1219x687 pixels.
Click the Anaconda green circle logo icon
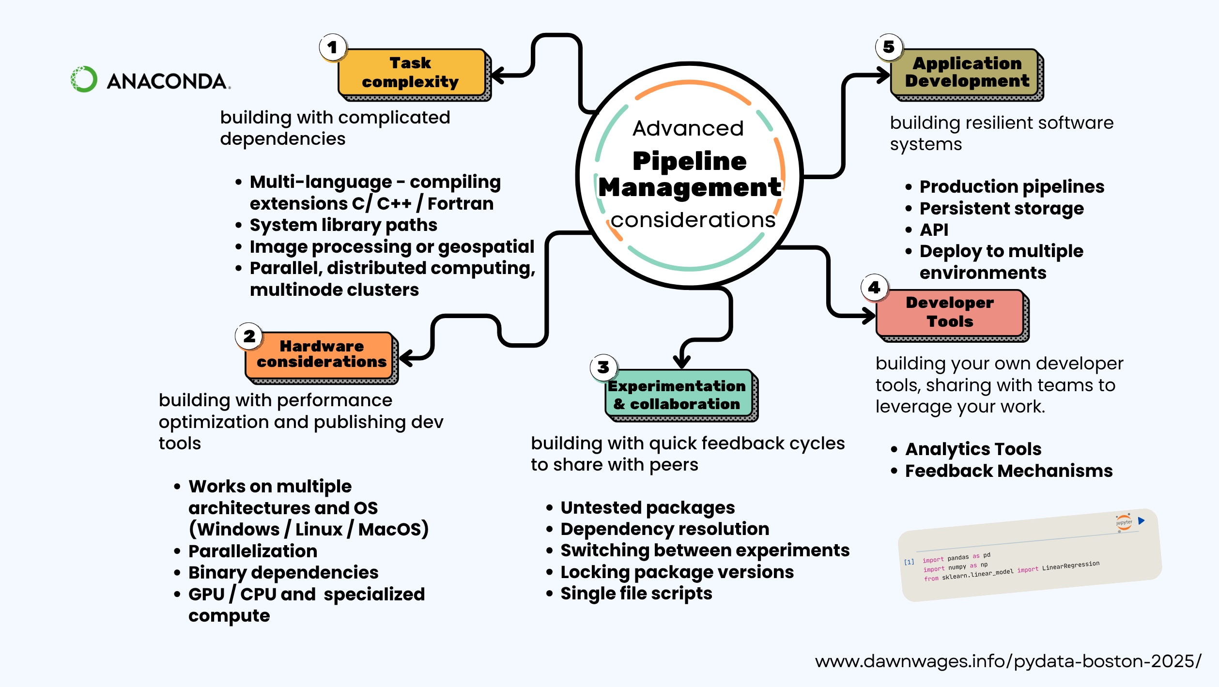tap(84, 79)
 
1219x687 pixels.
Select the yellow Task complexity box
tap(412, 73)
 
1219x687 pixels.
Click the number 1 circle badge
tap(333, 47)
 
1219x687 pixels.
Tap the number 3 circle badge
tap(603, 367)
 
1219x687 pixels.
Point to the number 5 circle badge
tap(889, 47)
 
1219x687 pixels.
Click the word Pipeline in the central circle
tap(689, 161)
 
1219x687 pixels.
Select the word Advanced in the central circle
tap(688, 129)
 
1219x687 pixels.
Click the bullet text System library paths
tap(343, 225)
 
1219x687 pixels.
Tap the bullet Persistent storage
tap(1001, 209)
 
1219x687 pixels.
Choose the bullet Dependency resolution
tap(664, 529)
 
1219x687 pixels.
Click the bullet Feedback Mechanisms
tap(1008, 471)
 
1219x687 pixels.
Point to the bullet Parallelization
tap(252, 551)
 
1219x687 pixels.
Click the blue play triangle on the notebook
tap(1141, 521)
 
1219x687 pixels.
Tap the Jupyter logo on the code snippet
tap(1124, 522)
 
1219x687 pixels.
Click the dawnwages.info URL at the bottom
tap(1007, 661)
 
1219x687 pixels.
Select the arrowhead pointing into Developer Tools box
tap(868, 316)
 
